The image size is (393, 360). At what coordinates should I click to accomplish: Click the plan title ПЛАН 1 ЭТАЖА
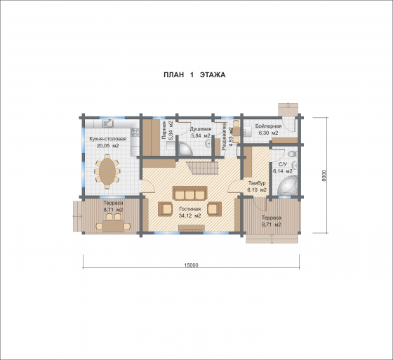click(194, 75)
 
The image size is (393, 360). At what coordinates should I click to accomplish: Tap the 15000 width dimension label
click(191, 265)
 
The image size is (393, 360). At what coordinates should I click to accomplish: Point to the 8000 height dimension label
click(324, 175)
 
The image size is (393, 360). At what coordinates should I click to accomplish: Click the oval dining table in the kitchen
click(107, 172)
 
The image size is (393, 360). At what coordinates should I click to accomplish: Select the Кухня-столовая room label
click(108, 139)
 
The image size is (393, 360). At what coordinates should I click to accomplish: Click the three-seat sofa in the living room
click(189, 193)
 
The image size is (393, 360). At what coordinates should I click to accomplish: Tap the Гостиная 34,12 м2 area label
click(190, 212)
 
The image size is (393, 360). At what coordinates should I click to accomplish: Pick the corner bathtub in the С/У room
click(288, 185)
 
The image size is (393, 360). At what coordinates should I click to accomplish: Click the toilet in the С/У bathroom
click(292, 154)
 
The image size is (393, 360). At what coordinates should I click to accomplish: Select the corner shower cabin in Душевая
click(185, 148)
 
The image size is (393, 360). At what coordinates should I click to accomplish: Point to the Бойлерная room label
click(268, 126)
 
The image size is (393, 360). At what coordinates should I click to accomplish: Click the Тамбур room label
click(257, 182)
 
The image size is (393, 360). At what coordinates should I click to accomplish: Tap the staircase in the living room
click(202, 168)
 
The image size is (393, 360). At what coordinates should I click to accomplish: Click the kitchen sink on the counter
click(108, 123)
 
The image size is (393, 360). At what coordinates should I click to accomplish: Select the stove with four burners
click(135, 132)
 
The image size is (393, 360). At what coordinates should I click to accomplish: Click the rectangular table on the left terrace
click(113, 226)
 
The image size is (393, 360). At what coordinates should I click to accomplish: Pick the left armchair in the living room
click(165, 209)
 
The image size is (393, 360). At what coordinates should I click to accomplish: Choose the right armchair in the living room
click(214, 209)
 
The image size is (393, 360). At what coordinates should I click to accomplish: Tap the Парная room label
click(164, 131)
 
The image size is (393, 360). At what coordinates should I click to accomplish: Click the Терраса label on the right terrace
click(271, 218)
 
